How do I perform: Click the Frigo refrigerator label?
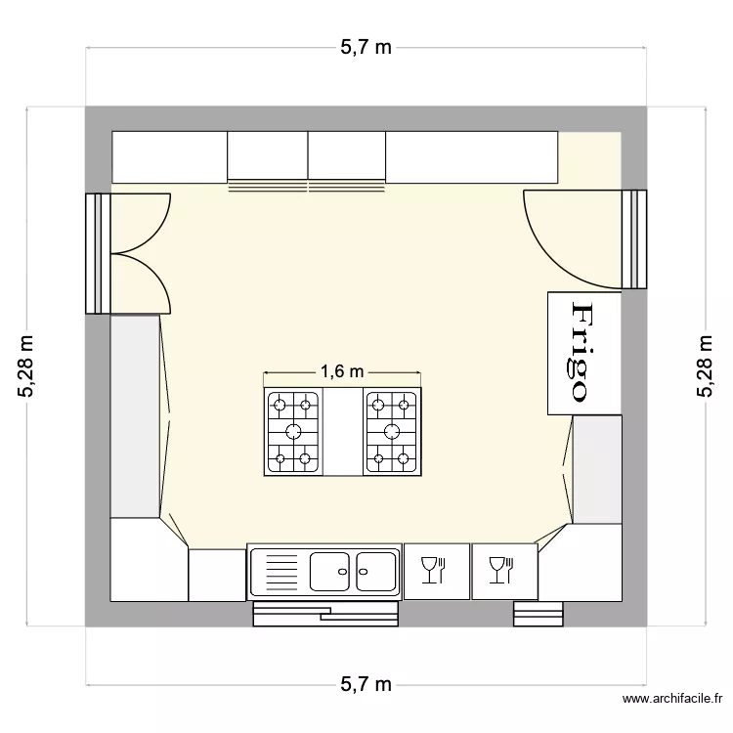tap(582, 353)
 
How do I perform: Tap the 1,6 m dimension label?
tap(342, 371)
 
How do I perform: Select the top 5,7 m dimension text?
tap(366, 47)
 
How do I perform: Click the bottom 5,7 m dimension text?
tap(366, 684)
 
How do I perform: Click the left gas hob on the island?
tap(293, 432)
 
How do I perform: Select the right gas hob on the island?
tap(392, 432)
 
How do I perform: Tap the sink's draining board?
tap(280, 572)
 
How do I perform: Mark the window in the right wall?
tap(636, 239)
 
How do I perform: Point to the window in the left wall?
tap(95, 253)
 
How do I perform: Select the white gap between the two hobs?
tap(343, 432)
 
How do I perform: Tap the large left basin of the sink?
tap(330, 571)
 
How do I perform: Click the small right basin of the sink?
tap(375, 571)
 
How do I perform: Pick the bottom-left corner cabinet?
tap(147, 563)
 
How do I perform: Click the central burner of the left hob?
tap(293, 432)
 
